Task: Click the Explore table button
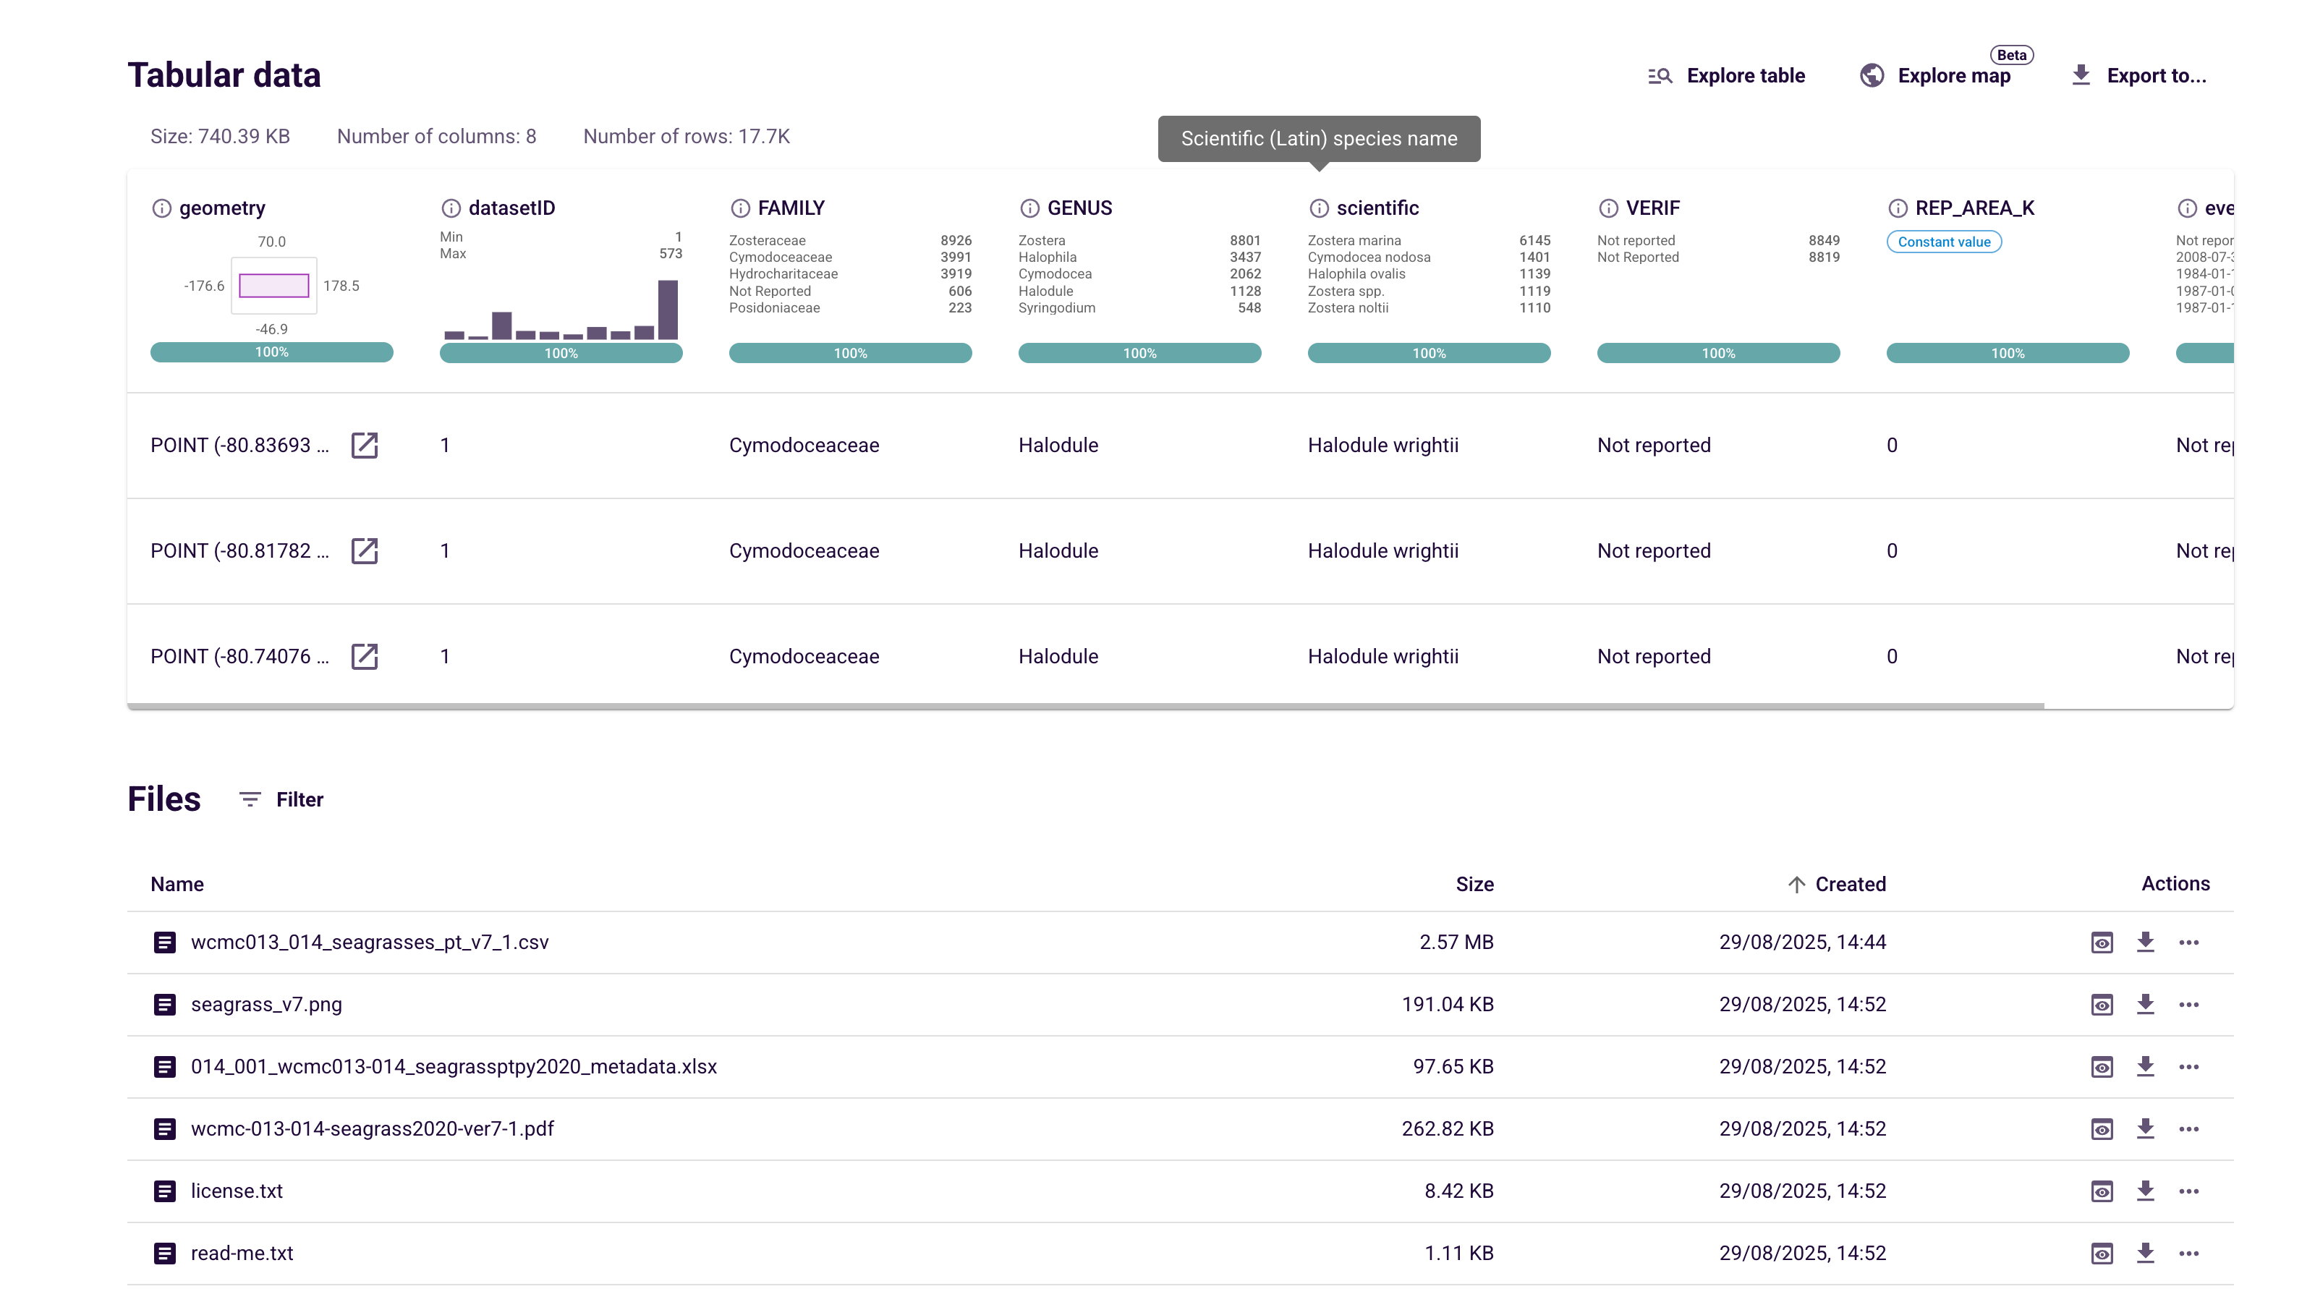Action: click(x=1725, y=75)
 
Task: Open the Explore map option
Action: click(x=1936, y=75)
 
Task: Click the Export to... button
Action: click(x=2139, y=75)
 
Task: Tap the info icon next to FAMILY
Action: click(x=739, y=208)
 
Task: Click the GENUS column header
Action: click(x=1079, y=208)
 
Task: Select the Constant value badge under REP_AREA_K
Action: click(x=1943, y=242)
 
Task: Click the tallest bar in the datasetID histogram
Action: click(x=668, y=310)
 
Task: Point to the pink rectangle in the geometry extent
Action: click(x=274, y=286)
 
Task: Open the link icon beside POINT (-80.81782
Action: click(x=364, y=550)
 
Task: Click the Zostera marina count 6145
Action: click(x=1534, y=241)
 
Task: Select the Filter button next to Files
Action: click(x=281, y=800)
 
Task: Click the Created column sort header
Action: click(x=1837, y=884)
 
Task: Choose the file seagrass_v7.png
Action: click(x=266, y=1005)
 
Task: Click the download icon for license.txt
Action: click(x=2145, y=1191)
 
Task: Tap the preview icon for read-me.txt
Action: click(x=2101, y=1254)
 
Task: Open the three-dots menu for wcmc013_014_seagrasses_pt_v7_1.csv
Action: click(x=2188, y=943)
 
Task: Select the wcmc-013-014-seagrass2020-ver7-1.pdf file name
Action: click(x=372, y=1128)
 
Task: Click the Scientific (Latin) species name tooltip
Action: click(x=1318, y=138)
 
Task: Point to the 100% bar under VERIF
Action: click(x=1717, y=353)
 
